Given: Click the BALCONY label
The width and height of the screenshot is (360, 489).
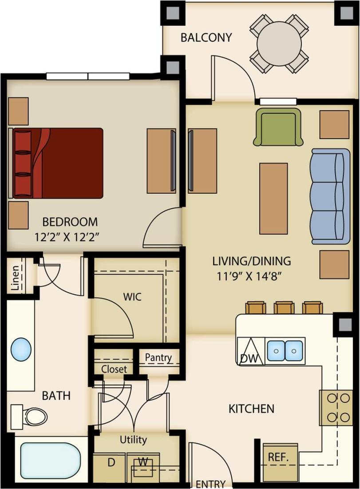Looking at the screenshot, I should click(206, 38).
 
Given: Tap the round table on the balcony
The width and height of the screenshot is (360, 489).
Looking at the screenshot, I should click(279, 43).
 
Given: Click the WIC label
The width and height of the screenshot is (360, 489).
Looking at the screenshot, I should click(133, 297).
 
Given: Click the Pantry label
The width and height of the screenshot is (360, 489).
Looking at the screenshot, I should click(158, 358).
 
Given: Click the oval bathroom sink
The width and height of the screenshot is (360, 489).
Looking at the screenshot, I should click(21, 349).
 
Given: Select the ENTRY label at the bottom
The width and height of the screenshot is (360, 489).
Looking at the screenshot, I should click(210, 484).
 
